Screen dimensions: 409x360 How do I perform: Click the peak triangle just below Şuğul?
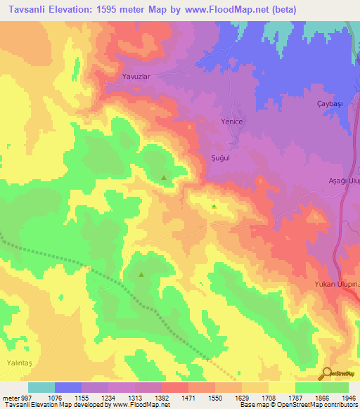(x=214, y=206)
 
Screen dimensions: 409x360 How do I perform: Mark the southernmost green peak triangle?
(x=141, y=275)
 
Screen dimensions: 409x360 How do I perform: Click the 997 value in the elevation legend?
(x=27, y=397)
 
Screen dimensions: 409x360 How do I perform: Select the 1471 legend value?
(x=188, y=397)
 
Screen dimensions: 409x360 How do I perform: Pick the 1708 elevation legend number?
(x=269, y=397)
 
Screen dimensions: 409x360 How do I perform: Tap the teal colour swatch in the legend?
(x=41, y=387)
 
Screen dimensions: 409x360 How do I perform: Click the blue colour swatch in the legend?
(x=68, y=387)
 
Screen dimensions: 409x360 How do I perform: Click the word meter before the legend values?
(x=10, y=397)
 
